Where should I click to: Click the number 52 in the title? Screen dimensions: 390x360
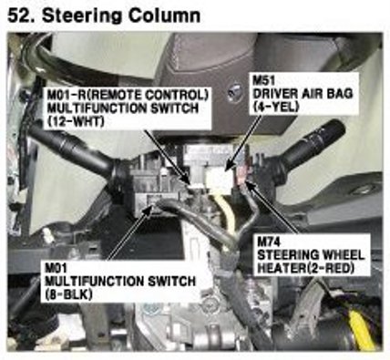tap(20, 15)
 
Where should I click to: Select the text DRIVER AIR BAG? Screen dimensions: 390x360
tap(303, 94)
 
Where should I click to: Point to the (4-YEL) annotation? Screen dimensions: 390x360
tap(276, 107)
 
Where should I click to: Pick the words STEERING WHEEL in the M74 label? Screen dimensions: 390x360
tap(311, 255)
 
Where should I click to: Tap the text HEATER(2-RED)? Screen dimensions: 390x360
tap(306, 268)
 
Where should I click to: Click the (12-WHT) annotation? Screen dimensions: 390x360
tap(76, 121)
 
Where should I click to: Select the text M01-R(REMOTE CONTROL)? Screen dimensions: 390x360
tap(128, 95)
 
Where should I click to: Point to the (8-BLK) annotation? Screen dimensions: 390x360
tap(68, 294)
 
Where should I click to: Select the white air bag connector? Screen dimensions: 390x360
tap(220, 180)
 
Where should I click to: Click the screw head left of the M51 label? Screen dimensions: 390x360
tap(235, 93)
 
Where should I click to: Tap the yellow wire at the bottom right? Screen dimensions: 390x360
tap(361, 325)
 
